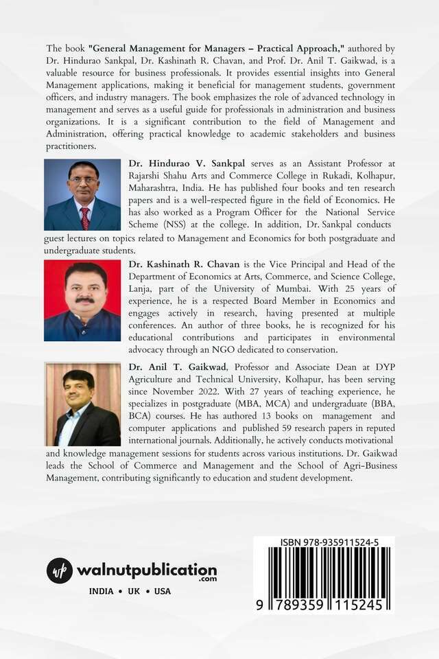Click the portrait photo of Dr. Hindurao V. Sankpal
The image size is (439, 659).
pyautogui.click(x=82, y=194)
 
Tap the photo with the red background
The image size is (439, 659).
pyautogui.click(x=82, y=300)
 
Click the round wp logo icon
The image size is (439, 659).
pyautogui.click(x=60, y=571)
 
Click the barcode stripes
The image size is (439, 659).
pyautogui.click(x=323, y=571)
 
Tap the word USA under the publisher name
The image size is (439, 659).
pyautogui.click(x=163, y=591)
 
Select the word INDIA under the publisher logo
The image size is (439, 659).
pyautogui.click(x=103, y=591)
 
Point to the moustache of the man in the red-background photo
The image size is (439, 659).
pyautogui.click(x=85, y=300)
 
